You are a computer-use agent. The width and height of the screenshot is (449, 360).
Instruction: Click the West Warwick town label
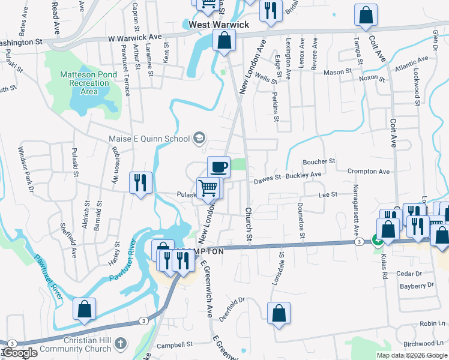(x=218, y=25)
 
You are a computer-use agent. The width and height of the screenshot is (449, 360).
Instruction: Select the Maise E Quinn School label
(x=149, y=139)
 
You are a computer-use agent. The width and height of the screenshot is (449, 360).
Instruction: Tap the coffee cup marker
(x=219, y=166)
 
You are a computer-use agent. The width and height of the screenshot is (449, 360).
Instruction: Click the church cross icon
(x=121, y=344)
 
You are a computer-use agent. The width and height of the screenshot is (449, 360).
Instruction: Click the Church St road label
(x=248, y=225)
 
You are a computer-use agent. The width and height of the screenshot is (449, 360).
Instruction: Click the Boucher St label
(x=319, y=161)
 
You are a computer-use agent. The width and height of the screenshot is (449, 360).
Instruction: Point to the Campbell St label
(x=174, y=346)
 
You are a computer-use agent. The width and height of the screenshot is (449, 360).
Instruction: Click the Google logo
(x=19, y=353)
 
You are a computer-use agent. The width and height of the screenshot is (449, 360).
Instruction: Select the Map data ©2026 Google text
(x=412, y=355)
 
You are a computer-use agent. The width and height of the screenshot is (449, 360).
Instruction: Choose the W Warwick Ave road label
(x=135, y=37)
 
